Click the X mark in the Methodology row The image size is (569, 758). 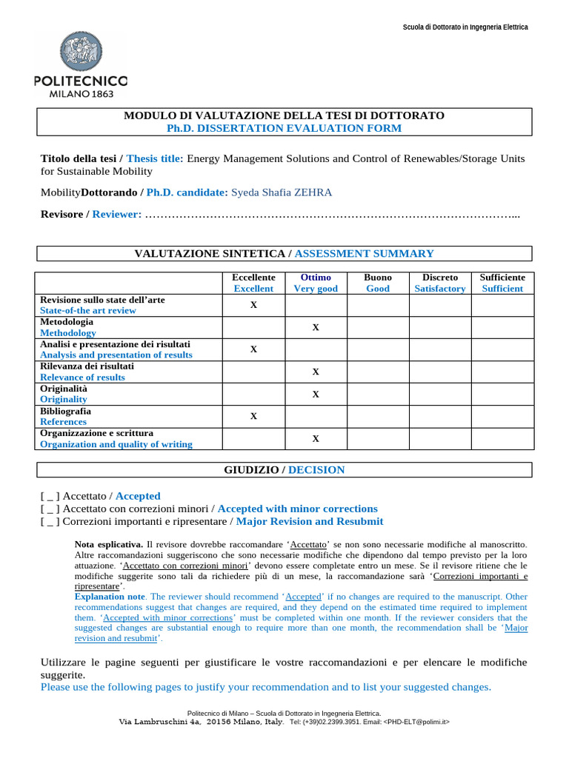[316, 327]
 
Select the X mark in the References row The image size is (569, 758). [253, 416]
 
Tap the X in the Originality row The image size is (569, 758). [316, 394]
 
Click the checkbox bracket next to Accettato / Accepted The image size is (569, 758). [51, 496]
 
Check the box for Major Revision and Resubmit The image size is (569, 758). [51, 522]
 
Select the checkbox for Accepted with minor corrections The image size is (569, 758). [51, 509]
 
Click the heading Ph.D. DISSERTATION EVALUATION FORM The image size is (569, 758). [284, 128]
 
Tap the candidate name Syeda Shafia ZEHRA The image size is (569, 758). [282, 192]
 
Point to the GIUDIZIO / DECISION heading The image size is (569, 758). [284, 470]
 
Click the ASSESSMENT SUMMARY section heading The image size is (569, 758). [364, 254]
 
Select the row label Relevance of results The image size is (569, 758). [82, 378]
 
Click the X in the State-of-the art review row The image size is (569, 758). [253, 305]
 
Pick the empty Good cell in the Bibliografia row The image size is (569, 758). [378, 416]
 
